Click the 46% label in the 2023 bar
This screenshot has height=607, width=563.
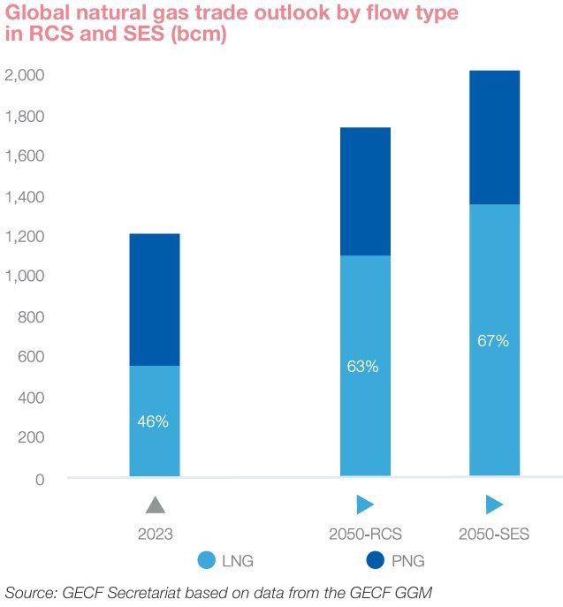pyautogui.click(x=153, y=421)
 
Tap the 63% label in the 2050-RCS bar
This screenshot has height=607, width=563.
pyautogui.click(x=362, y=366)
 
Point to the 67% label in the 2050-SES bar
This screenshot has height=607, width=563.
pyautogui.click(x=493, y=341)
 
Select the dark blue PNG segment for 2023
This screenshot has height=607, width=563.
pyautogui.click(x=154, y=300)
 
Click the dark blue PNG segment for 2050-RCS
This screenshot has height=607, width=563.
pyautogui.click(x=364, y=192)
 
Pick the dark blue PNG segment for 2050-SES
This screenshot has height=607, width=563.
pyautogui.click(x=493, y=137)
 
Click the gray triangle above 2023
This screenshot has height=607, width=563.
pyautogui.click(x=155, y=505)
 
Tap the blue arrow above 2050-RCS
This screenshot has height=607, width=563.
pyautogui.click(x=365, y=505)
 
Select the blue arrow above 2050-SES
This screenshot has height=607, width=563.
pyautogui.click(x=494, y=505)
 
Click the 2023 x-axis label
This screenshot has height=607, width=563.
pyautogui.click(x=155, y=534)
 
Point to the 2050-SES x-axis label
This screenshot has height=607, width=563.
pyautogui.click(x=493, y=534)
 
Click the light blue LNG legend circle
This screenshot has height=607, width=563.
pyautogui.click(x=207, y=559)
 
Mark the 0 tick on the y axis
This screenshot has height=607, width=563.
pyautogui.click(x=39, y=479)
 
